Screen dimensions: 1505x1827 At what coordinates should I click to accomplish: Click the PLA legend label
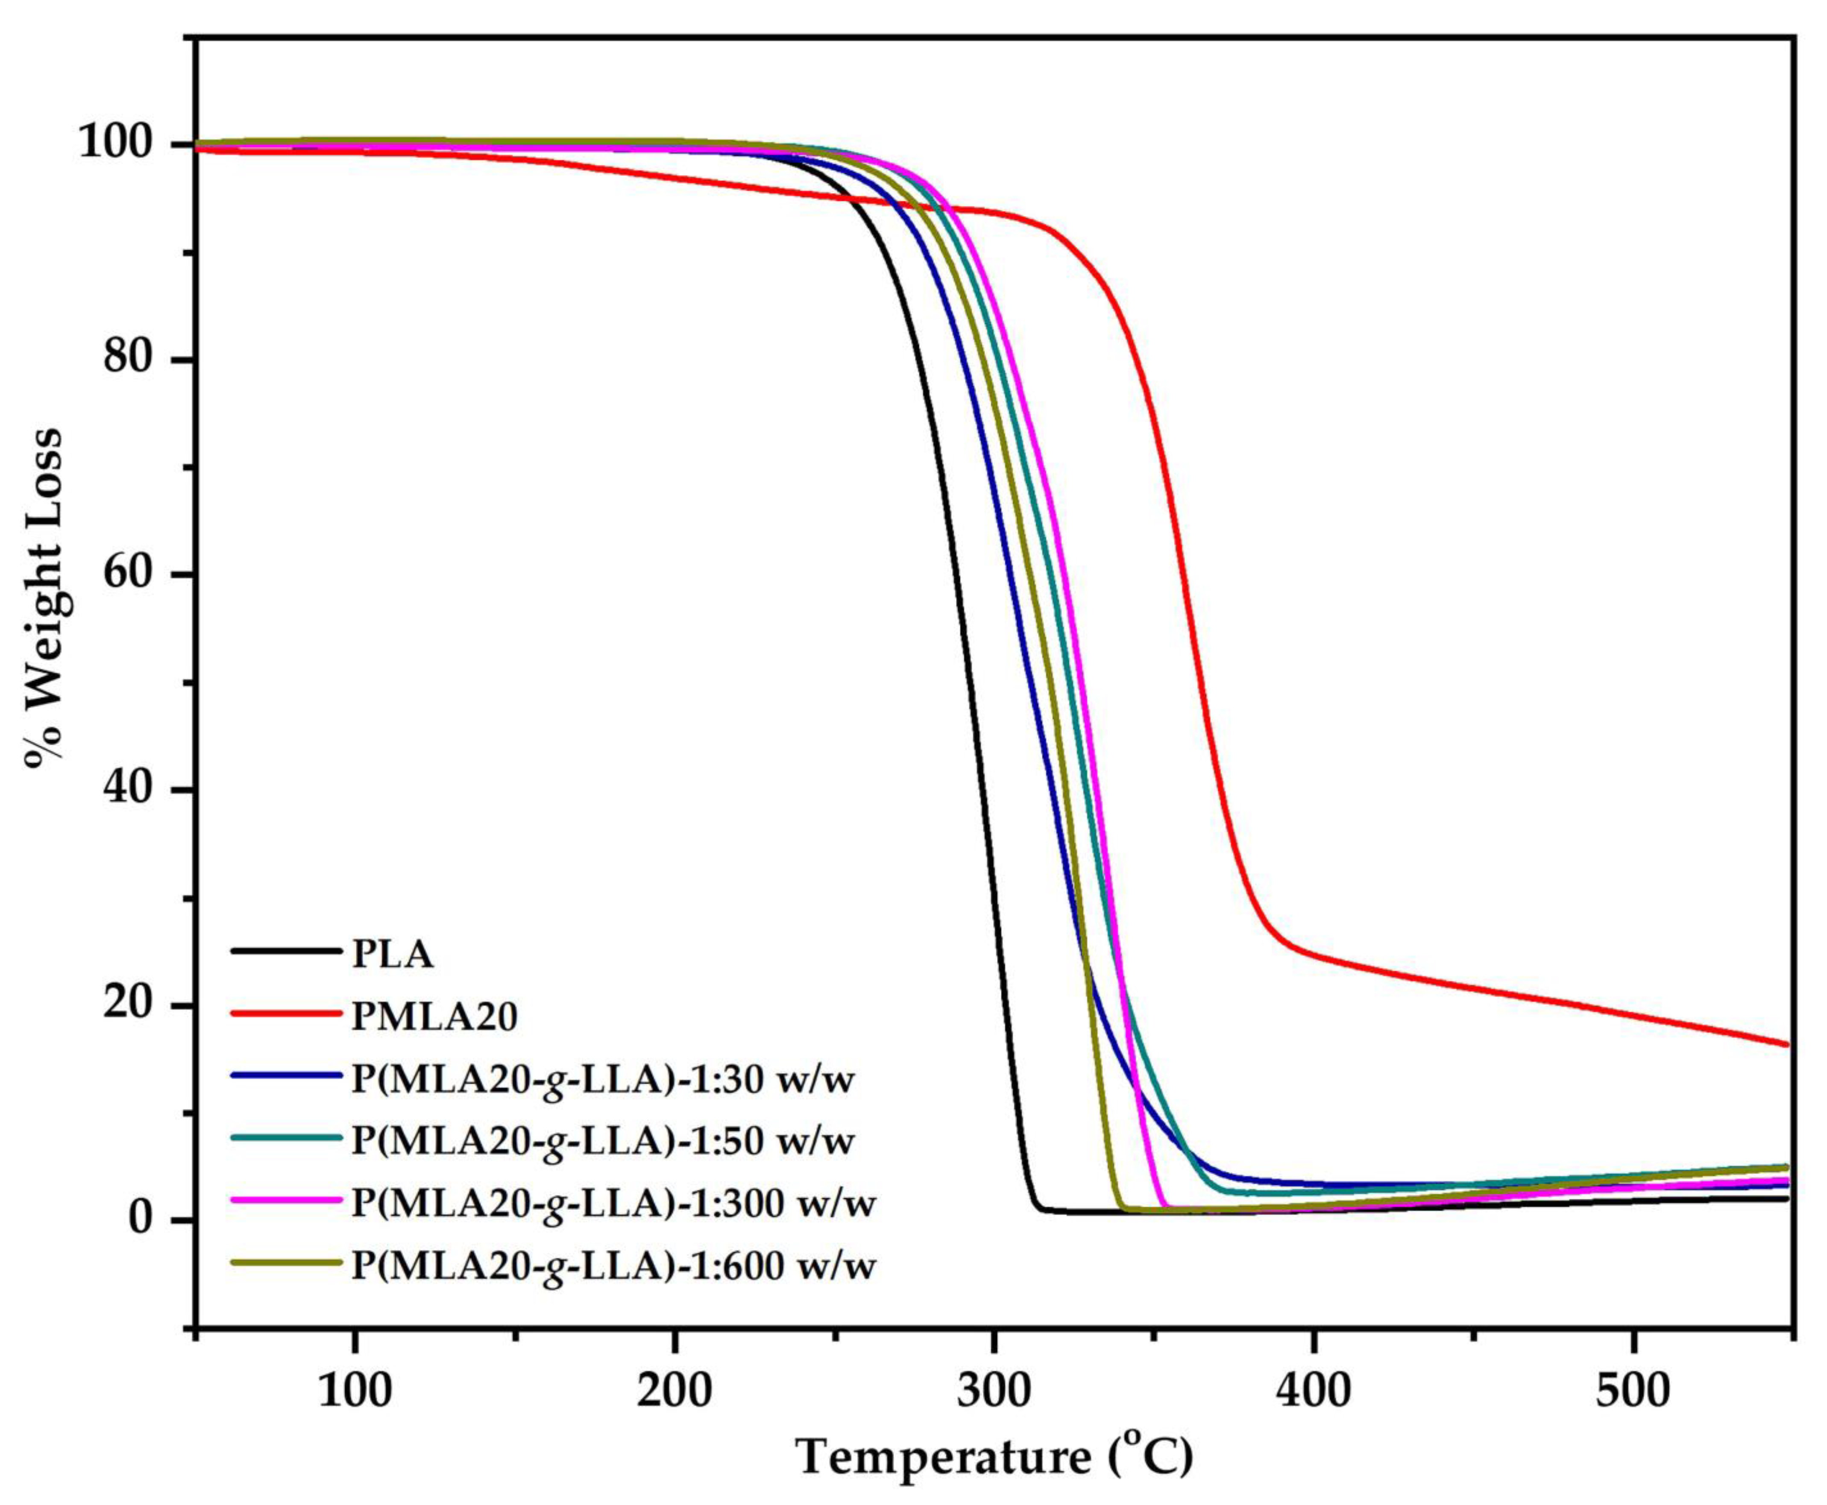(392, 955)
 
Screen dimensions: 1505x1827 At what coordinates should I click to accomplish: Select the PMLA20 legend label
(434, 1016)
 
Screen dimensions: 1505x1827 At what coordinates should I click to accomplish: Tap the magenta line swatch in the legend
(286, 1200)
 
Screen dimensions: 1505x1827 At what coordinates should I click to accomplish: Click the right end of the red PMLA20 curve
(1785, 1044)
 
